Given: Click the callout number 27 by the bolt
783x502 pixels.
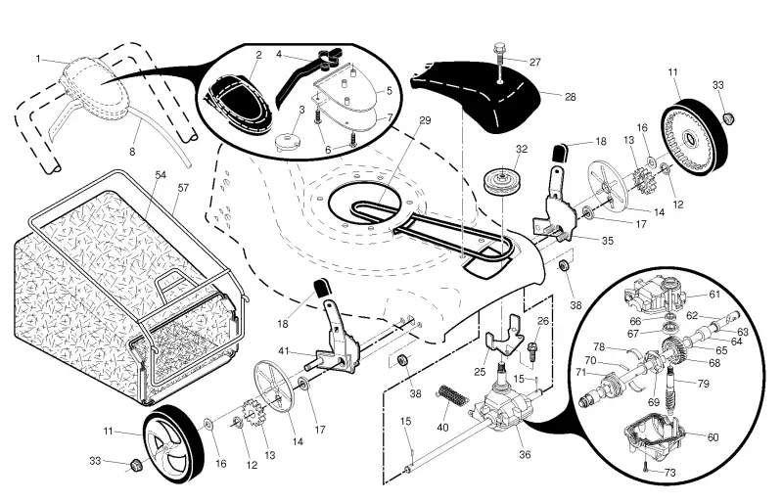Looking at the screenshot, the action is (x=534, y=63).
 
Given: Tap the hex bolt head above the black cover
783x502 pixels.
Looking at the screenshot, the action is (x=499, y=49).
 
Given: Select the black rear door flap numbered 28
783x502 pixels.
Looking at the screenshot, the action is (x=476, y=95).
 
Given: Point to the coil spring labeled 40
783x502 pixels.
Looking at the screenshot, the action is (x=453, y=394).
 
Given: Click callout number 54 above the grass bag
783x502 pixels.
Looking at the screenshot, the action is (x=161, y=175).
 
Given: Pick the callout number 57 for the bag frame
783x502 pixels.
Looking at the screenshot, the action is (x=183, y=188).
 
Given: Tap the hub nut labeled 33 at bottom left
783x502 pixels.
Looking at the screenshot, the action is (x=134, y=465).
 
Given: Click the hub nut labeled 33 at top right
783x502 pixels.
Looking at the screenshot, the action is (x=729, y=118).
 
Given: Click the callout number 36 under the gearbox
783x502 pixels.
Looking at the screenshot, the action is (x=525, y=455).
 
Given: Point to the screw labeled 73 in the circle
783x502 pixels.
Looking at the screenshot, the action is (x=645, y=468).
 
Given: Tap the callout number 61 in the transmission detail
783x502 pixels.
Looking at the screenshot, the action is (x=715, y=295).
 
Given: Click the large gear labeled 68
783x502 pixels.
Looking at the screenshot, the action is (x=676, y=349).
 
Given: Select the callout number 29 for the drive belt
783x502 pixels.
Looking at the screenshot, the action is (x=425, y=121).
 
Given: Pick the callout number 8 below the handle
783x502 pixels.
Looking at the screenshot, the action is (x=132, y=152).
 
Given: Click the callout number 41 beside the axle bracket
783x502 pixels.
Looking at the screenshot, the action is (x=284, y=351).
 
